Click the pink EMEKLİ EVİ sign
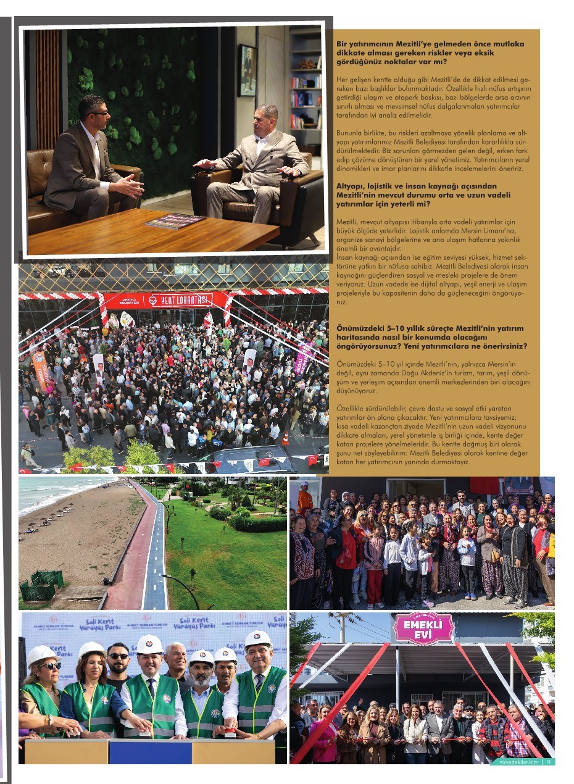tap(423, 629)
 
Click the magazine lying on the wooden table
tap(174, 221)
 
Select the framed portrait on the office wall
tap(247, 70)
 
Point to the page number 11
tap(549, 761)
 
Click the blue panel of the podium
tap(150, 751)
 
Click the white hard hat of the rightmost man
tap(257, 639)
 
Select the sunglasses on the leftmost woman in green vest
tap(49, 666)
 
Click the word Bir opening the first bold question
tap(341, 44)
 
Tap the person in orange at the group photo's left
tap(305, 499)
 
